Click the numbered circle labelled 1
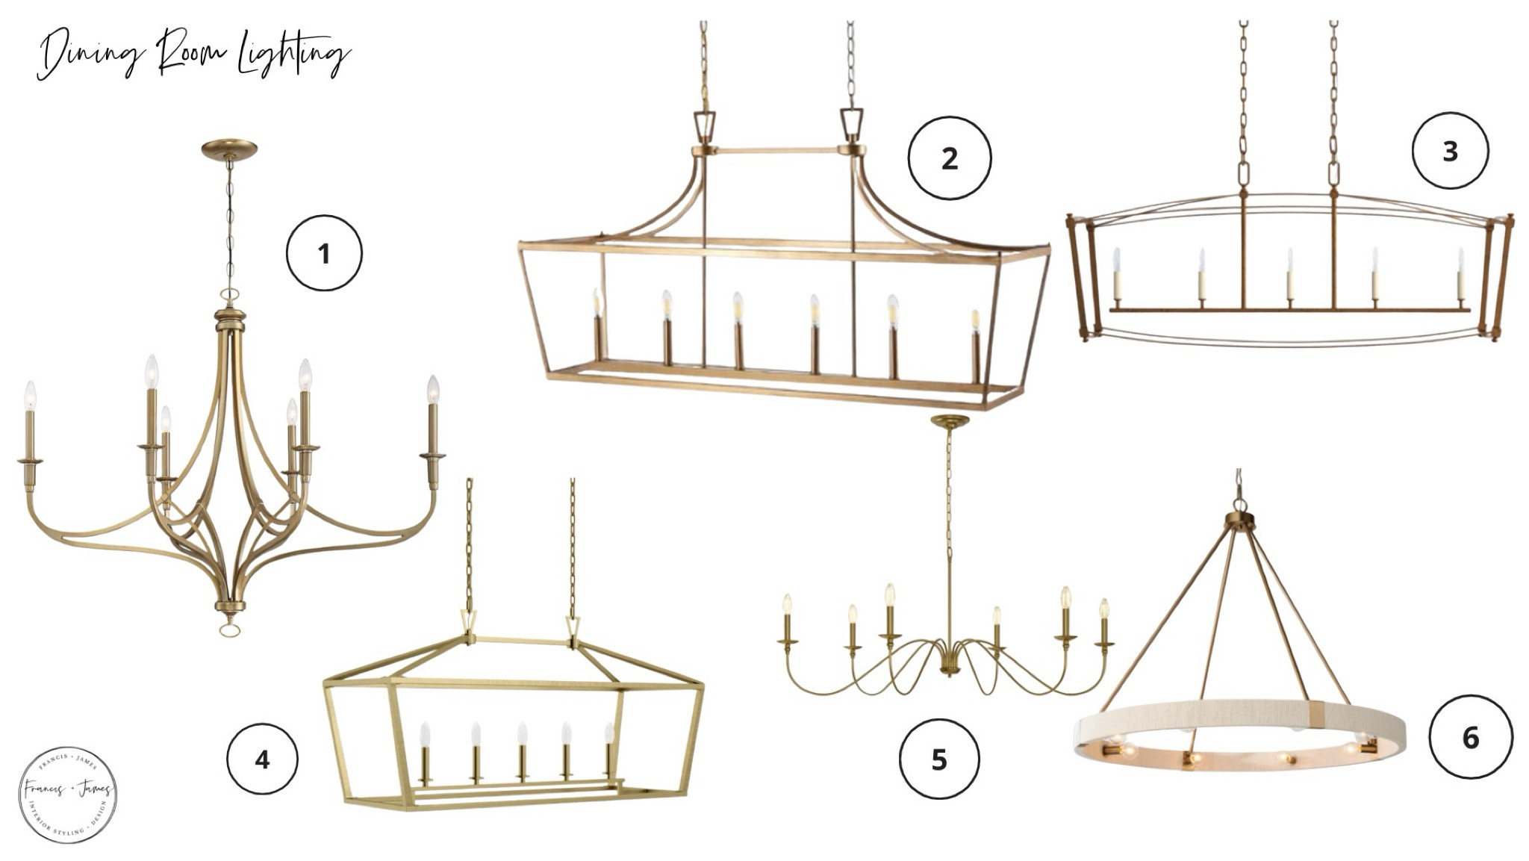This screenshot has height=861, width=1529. tap(324, 253)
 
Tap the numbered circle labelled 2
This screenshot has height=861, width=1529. tap(949, 158)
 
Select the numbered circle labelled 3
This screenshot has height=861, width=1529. tap(1450, 151)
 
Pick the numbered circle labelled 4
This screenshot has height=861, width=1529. tap(262, 759)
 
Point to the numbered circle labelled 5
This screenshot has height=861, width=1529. tap(938, 759)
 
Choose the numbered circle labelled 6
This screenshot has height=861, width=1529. tap(1470, 737)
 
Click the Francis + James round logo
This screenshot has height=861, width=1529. tap(67, 795)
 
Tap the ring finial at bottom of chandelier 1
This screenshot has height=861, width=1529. tap(228, 629)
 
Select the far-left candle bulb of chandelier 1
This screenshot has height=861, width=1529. tap(31, 396)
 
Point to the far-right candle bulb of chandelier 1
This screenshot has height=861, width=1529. tap(433, 390)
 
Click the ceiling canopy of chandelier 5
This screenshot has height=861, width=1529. tap(950, 423)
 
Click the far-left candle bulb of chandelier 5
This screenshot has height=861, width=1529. tap(787, 605)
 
